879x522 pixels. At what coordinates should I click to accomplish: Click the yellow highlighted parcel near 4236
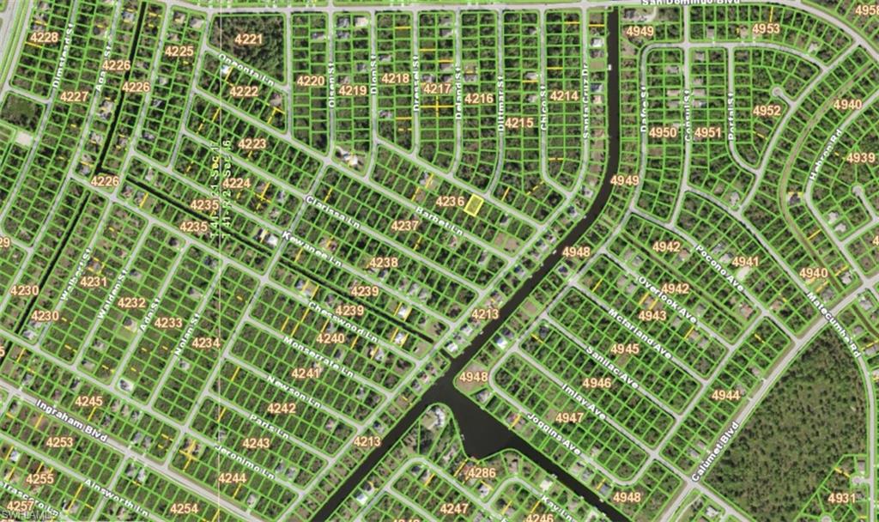[x=472, y=204]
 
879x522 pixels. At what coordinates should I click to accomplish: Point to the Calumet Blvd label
[x=715, y=452]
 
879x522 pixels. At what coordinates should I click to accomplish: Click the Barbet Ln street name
[x=439, y=222]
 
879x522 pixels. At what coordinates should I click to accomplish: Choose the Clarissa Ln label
[x=332, y=212]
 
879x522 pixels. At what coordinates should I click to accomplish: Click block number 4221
[x=248, y=39]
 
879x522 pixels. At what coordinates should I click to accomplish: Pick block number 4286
[x=481, y=472]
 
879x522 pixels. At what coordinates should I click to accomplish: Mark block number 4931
[x=841, y=498]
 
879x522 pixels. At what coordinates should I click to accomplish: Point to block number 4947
[x=569, y=417]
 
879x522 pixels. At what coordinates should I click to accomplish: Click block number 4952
[x=767, y=111]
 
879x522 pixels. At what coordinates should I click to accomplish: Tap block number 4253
[x=59, y=442]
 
